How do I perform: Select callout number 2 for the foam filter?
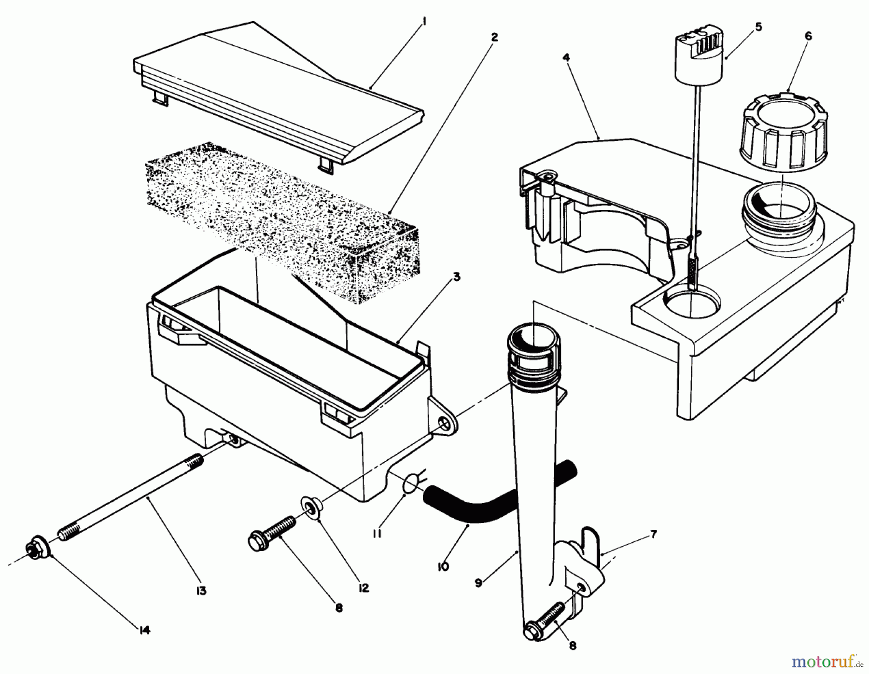494,37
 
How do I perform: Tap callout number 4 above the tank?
566,58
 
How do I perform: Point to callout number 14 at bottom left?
144,630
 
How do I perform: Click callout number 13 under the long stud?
201,591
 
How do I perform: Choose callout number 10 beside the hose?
443,566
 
